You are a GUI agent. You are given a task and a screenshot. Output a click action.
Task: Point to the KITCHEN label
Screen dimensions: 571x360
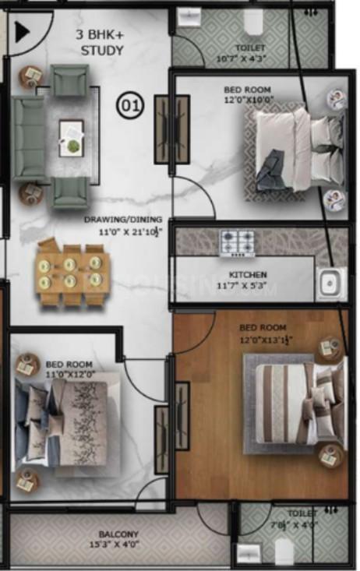[248, 275]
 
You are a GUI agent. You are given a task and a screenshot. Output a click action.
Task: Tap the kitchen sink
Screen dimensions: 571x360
[331, 284]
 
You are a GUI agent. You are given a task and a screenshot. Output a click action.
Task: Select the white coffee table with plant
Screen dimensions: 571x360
[72, 136]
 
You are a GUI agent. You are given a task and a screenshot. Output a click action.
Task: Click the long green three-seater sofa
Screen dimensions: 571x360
[28, 136]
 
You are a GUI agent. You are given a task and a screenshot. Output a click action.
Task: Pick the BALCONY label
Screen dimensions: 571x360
[118, 534]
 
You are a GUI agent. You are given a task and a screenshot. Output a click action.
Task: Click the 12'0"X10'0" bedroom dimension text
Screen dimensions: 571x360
[249, 99]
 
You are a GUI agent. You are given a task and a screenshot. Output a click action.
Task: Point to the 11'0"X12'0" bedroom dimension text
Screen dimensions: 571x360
[69, 374]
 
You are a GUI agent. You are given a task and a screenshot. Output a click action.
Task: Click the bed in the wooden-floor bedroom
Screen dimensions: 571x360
[293, 401]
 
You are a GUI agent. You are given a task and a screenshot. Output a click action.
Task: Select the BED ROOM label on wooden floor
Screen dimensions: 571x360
[263, 328]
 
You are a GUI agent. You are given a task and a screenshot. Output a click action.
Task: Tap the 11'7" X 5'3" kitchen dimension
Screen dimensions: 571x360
[248, 285]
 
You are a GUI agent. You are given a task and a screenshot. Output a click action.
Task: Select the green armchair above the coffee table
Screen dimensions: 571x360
[70, 79]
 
